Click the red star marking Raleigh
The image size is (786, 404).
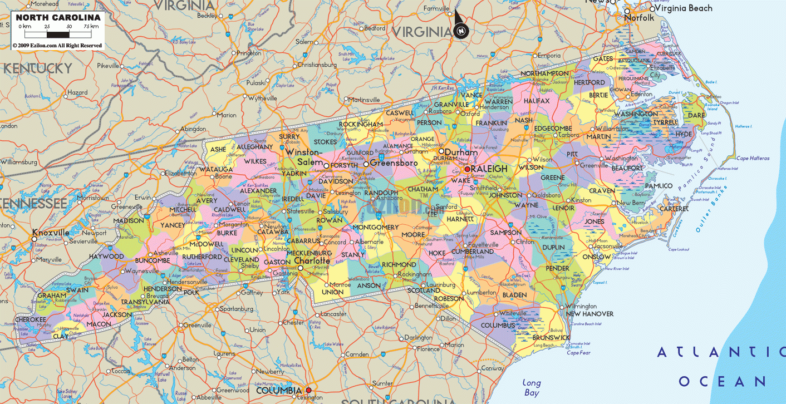pyautogui.click(x=468, y=169)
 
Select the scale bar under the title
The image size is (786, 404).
pyautogui.click(x=58, y=33)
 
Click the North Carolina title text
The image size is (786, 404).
pyautogui.click(x=58, y=17)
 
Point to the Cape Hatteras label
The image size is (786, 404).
pyautogui.click(x=753, y=159)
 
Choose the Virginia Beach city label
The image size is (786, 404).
pyautogui.click(x=684, y=8)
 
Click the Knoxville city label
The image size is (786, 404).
pyautogui.click(x=51, y=233)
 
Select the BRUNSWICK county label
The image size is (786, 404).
pyautogui.click(x=551, y=337)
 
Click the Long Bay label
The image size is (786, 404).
pyautogui.click(x=532, y=387)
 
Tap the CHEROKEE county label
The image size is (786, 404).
pyautogui.click(x=30, y=319)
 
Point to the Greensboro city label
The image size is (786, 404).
pyautogui.click(x=394, y=164)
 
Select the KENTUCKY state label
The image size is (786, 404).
pyautogui.click(x=38, y=69)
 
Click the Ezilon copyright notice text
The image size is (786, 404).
pyautogui.click(x=57, y=45)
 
